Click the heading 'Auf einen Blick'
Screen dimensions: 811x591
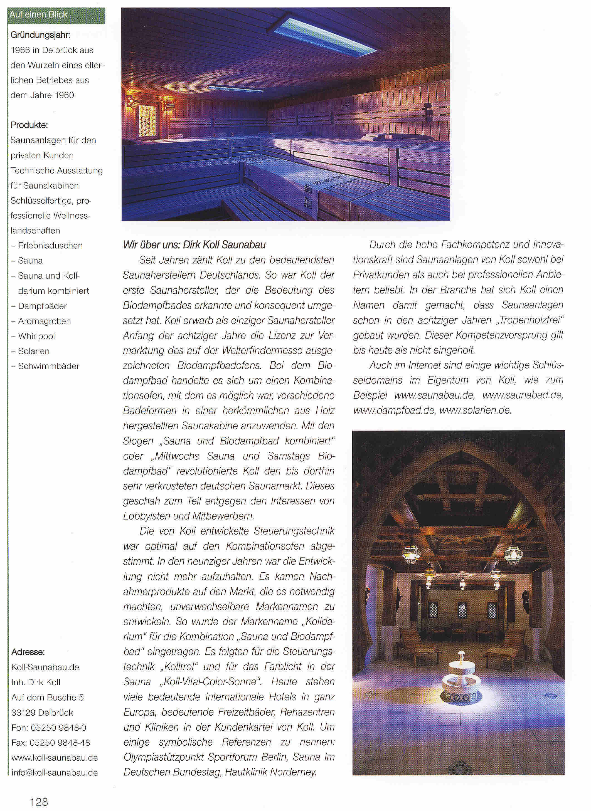pos(39,15)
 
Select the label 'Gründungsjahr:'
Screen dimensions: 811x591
pos(40,35)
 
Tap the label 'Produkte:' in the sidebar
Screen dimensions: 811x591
pos(29,125)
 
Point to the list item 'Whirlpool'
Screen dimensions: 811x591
pos(36,336)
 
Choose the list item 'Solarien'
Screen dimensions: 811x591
pos(34,351)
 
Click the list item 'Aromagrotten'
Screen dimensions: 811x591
pos(44,321)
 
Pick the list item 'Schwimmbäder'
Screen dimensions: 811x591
pos(49,366)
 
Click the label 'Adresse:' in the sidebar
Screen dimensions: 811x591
pos(28,652)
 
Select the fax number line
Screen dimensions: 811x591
pos(51,742)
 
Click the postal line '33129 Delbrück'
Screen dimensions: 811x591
pos(42,712)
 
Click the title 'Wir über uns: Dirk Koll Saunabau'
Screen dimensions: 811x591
pos(194,245)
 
